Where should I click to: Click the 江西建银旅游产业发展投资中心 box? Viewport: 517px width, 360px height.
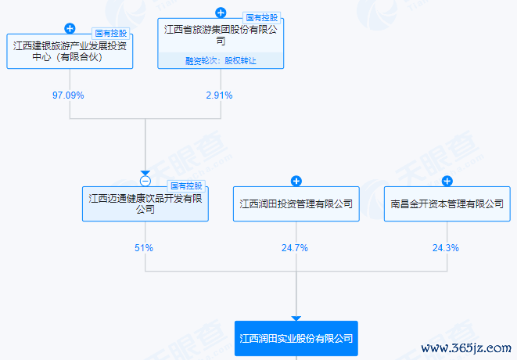[x=70, y=51]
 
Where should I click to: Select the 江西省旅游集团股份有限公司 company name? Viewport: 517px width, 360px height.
[x=221, y=35]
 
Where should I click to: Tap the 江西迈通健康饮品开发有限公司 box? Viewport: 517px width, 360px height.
[x=145, y=203]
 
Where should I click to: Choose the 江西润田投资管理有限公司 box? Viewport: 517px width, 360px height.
[x=296, y=203]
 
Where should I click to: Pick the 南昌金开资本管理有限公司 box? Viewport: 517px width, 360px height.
[x=447, y=203]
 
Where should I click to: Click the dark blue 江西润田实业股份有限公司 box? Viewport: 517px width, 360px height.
[x=296, y=338]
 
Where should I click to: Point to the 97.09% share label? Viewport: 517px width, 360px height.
[x=68, y=95]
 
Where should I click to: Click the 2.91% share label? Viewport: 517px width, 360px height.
[x=219, y=95]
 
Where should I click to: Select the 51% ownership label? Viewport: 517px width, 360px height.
[x=144, y=248]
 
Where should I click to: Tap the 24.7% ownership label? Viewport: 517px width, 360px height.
[x=295, y=248]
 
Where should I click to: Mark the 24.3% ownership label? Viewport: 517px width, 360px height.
[x=446, y=248]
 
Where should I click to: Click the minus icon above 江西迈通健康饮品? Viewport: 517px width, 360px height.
[x=145, y=181]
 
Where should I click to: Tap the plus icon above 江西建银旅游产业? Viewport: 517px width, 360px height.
[x=70, y=28]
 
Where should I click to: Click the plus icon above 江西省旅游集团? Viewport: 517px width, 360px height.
[x=221, y=13]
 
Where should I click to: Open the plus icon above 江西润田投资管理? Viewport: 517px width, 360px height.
[x=296, y=181]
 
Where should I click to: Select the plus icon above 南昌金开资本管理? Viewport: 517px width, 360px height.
[x=447, y=181]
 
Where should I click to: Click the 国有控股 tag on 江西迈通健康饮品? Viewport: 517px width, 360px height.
[x=186, y=186]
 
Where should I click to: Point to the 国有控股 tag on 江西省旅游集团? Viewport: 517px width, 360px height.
[x=262, y=18]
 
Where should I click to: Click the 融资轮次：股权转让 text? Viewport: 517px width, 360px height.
[x=221, y=61]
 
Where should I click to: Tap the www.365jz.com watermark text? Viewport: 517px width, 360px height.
[x=466, y=348]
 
